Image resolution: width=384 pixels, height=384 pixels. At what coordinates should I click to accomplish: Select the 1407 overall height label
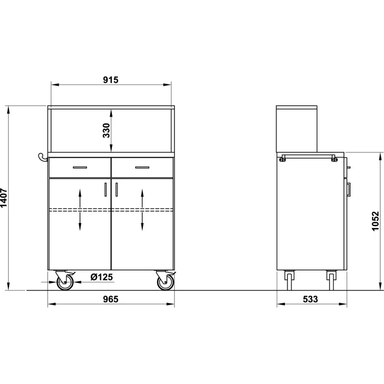coord(3,198)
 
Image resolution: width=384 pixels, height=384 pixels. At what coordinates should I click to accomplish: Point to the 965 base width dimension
coord(111,299)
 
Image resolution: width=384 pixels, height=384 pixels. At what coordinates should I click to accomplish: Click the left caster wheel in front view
coord(65,282)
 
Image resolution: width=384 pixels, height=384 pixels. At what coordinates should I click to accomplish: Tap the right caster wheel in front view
coord(166,282)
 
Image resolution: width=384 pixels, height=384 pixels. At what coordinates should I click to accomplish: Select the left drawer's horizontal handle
coord(80,167)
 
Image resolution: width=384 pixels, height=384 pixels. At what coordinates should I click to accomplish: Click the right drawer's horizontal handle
coord(142,167)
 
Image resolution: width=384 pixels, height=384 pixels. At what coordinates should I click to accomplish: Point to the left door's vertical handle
coord(106,189)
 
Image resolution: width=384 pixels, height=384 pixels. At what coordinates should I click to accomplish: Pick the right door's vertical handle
coord(116,189)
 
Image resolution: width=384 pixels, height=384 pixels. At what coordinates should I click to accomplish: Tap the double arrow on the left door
coord(80,210)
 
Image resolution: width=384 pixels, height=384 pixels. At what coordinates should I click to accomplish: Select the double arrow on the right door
coord(142,210)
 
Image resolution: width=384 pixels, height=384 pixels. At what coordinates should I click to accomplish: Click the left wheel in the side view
coord(289,280)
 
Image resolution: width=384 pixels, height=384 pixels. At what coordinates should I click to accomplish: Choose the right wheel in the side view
coord(331,280)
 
